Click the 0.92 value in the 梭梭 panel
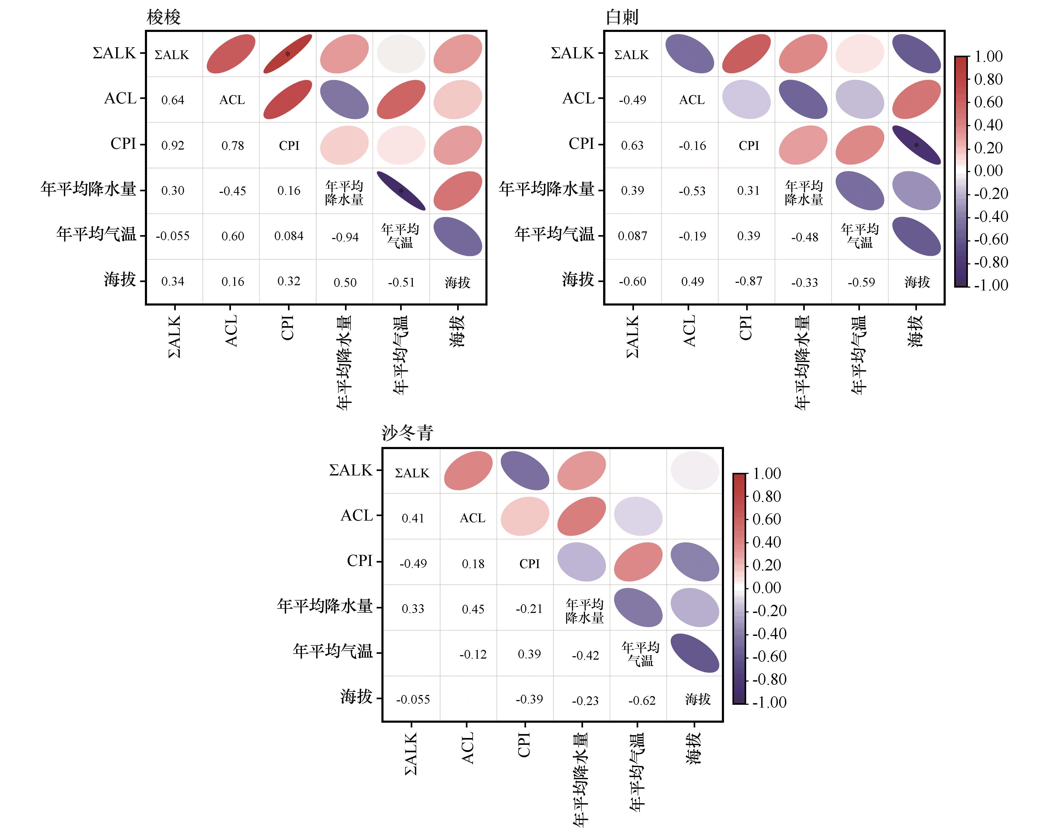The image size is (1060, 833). pos(173,145)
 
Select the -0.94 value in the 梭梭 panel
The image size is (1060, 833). pos(345,237)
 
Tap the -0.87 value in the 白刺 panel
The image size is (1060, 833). pos(748,282)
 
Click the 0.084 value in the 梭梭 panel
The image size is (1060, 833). pos(289,236)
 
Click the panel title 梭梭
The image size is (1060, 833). pos(164,18)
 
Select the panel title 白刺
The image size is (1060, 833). pos(622,18)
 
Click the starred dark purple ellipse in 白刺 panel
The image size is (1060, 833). pos(916,145)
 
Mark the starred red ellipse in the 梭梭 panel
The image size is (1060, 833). pos(288,54)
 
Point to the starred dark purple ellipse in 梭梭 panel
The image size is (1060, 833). pos(401,191)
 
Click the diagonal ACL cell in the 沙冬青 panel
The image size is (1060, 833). pos(473,518)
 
